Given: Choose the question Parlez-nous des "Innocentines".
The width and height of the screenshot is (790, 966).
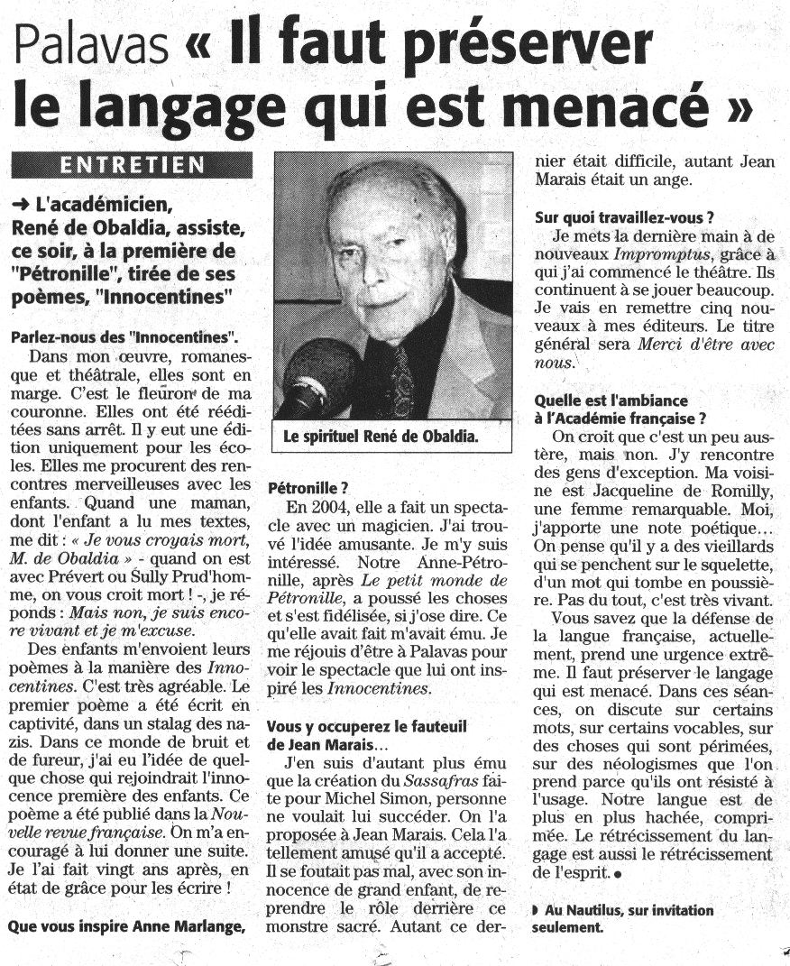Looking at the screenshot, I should point(124,338).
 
